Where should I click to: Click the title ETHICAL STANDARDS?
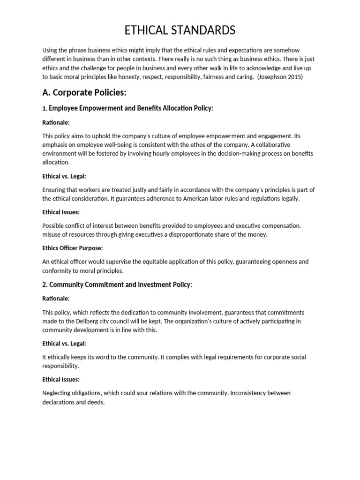pos(180,31)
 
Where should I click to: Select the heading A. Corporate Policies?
pos(84,92)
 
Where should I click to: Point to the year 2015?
pos(295,77)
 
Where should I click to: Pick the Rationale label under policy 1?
pos(56,122)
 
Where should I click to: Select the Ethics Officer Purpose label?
pos(72,248)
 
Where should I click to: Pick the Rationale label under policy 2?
pos(56,298)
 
